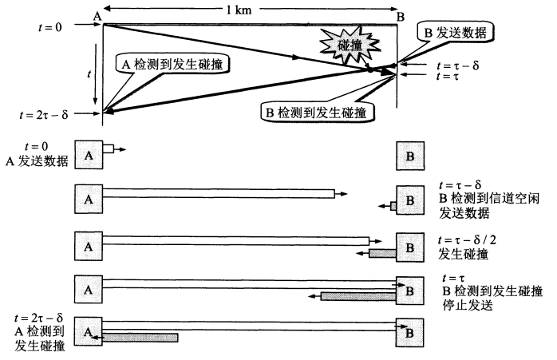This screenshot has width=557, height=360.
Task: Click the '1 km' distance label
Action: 239,10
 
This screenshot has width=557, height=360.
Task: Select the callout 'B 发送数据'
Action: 456,33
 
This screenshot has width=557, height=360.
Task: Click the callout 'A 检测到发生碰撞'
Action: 172,65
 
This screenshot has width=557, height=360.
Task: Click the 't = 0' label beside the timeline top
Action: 50,27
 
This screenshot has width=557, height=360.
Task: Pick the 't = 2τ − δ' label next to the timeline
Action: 43,114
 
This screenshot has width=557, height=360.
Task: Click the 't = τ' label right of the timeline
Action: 447,76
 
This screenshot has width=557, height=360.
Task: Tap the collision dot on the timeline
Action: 369,70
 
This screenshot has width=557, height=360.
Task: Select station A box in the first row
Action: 89,155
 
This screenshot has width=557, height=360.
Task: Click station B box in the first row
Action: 410,156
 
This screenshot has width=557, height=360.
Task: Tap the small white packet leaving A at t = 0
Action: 108,148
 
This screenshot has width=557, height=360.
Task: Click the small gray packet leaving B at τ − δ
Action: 393,206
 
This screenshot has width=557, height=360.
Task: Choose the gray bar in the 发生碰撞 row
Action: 382,253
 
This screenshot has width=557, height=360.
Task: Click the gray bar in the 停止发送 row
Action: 358,296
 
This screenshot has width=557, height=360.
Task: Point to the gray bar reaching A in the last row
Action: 140,338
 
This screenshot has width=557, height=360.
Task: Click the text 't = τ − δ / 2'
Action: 467,240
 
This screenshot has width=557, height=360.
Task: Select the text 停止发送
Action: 468,305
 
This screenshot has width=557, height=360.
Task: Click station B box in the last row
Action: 410,333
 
